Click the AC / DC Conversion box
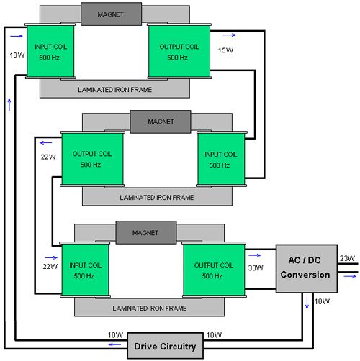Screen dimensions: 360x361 point(307,268)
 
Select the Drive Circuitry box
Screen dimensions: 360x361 point(165,346)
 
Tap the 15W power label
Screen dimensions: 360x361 point(225,50)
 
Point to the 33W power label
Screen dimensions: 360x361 point(256,268)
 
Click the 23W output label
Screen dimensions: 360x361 point(347,258)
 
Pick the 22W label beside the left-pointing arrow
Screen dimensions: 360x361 point(48,157)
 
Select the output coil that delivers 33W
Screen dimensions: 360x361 point(214,270)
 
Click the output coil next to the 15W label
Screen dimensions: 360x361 point(179,51)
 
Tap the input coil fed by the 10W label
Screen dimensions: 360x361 point(50,51)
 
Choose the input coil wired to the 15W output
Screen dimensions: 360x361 point(221,159)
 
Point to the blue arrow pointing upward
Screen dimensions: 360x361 point(9,104)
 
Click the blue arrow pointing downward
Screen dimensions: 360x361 point(307,303)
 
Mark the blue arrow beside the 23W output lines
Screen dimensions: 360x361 point(350,276)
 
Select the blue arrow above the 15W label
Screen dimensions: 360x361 point(230,35)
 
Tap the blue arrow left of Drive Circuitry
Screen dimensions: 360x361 point(114,344)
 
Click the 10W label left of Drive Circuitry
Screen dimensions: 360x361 point(115,335)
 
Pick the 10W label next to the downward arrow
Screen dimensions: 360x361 point(322,301)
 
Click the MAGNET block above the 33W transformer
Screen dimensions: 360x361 point(146,232)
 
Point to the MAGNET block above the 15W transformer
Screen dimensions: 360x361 point(111,14)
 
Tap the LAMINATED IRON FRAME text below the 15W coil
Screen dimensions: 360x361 point(114,90)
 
